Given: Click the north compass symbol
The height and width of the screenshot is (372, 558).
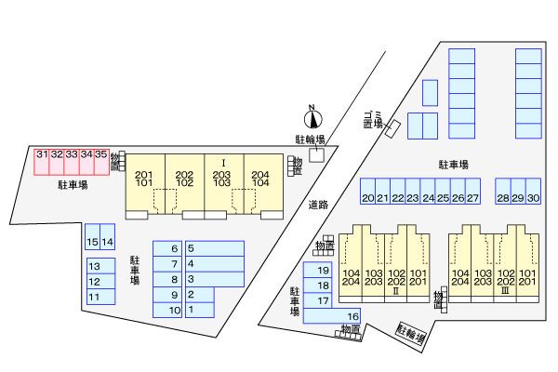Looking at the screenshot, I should click(313, 118).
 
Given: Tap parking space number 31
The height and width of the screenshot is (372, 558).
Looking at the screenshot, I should click(42, 160).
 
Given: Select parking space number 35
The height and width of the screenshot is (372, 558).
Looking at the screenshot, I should click(101, 160).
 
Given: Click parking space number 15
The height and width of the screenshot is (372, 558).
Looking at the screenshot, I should click(92, 240).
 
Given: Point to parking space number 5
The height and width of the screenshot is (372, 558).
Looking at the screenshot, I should click(214, 248).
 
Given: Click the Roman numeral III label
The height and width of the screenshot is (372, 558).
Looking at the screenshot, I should click(503, 291).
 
